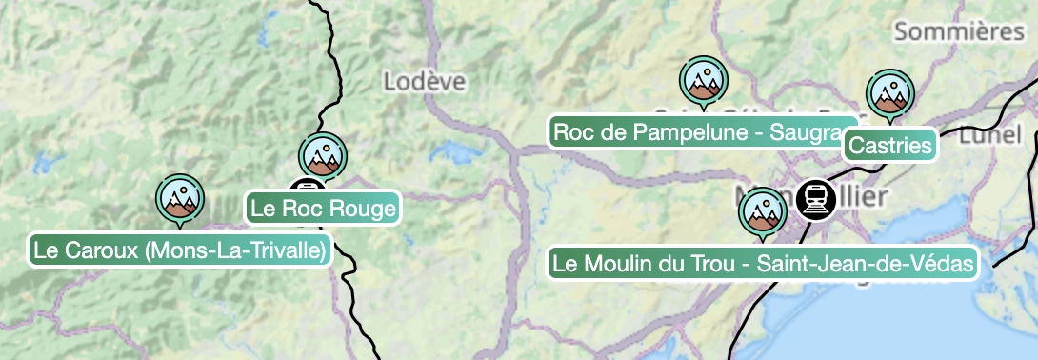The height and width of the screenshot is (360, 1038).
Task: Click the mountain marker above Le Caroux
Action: [179, 197]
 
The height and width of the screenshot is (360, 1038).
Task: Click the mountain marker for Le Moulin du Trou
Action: [763, 211]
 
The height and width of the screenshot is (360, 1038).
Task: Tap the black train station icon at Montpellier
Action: [816, 199]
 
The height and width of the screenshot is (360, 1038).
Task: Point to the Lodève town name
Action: [425, 81]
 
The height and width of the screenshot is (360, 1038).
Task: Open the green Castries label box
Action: [889, 146]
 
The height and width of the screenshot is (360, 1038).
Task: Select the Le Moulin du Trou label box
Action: [763, 264]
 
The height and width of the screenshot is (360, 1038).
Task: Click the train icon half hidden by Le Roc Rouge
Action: [303, 188]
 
